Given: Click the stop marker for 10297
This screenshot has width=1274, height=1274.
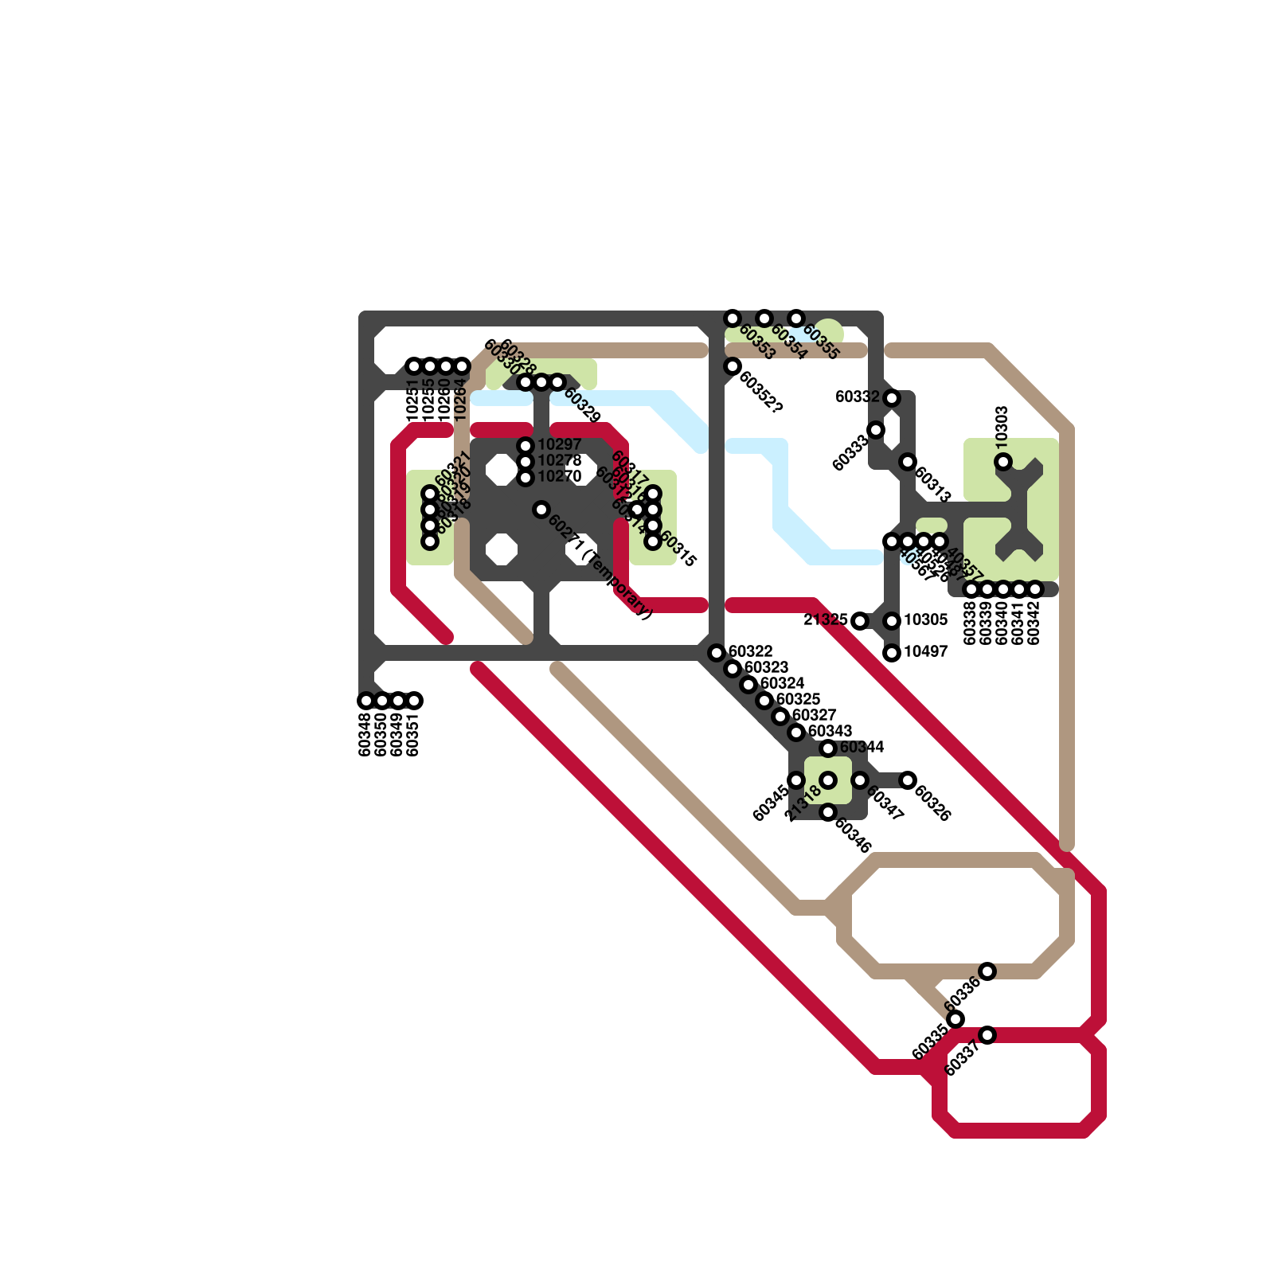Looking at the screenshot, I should click(x=526, y=445).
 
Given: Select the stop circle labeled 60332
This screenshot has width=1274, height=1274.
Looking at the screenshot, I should click(x=892, y=397).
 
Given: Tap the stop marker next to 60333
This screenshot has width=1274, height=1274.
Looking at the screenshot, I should click(x=876, y=430).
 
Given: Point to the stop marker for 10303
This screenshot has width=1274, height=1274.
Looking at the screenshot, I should click(x=1003, y=462).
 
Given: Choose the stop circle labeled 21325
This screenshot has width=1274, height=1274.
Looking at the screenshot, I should click(x=860, y=621).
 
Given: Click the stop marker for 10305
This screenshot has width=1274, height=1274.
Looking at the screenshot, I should click(x=892, y=621).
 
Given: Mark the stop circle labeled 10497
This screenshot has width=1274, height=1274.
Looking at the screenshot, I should click(x=892, y=653).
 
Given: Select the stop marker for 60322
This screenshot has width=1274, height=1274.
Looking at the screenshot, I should click(x=717, y=653).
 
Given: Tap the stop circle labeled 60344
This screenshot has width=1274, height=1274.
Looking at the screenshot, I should click(x=828, y=748).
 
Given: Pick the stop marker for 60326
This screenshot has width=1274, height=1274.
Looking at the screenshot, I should click(x=908, y=780).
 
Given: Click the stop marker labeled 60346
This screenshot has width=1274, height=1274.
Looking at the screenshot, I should click(x=828, y=812).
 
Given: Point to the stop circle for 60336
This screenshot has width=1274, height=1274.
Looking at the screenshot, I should click(x=987, y=971).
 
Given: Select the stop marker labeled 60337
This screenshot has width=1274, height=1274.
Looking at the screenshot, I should click(x=987, y=1035).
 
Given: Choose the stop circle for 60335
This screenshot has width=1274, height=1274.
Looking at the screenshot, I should click(x=955, y=1019).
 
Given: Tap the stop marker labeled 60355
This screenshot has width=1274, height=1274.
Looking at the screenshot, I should click(x=796, y=318).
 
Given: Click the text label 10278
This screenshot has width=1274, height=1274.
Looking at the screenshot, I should click(x=560, y=461).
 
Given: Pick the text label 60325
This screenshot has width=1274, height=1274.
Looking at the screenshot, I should click(x=798, y=699).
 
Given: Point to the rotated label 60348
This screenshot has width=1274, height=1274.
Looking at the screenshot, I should click(x=365, y=734).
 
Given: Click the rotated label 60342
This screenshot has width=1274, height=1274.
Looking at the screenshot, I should click(x=1034, y=623).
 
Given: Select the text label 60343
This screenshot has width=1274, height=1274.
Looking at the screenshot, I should click(x=830, y=731).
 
